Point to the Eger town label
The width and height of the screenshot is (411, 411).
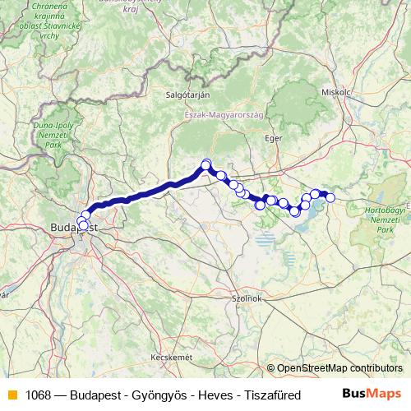[x=272, y=138]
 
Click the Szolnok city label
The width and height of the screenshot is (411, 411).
[x=247, y=298]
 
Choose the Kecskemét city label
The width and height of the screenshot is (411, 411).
[x=171, y=358]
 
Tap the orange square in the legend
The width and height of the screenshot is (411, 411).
[x=12, y=395]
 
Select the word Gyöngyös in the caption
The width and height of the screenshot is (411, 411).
[x=160, y=395]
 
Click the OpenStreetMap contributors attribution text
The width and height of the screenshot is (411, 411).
[x=339, y=368]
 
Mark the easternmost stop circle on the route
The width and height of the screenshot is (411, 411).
[x=330, y=197]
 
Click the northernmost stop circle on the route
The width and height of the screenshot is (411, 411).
[x=206, y=164]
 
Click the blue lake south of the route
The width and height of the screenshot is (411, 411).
[x=265, y=242]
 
